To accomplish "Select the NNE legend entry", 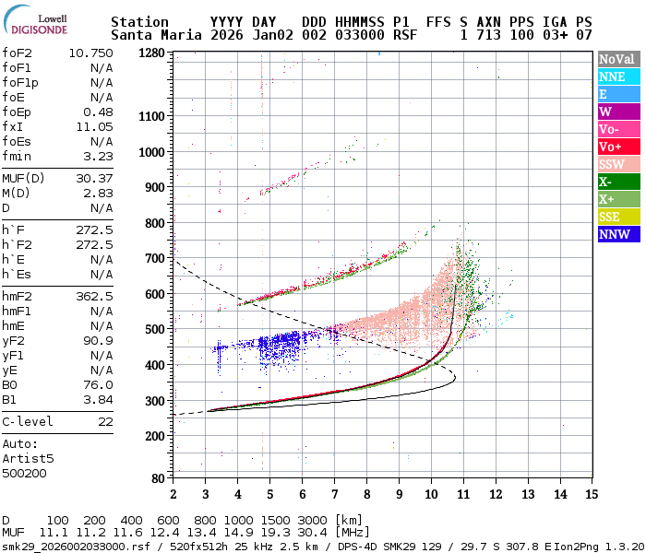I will tap(617, 77).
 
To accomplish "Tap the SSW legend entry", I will tap(617, 164).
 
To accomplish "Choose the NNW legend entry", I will tap(617, 233).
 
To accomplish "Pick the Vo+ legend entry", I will tap(617, 147).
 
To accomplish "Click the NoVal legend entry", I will tap(617, 60).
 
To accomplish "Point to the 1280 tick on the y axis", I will tap(151, 53).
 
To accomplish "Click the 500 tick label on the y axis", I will tap(153, 329).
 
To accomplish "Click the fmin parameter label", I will tap(18, 157).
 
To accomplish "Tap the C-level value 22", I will tap(105, 421).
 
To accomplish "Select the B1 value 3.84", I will tap(98, 399).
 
